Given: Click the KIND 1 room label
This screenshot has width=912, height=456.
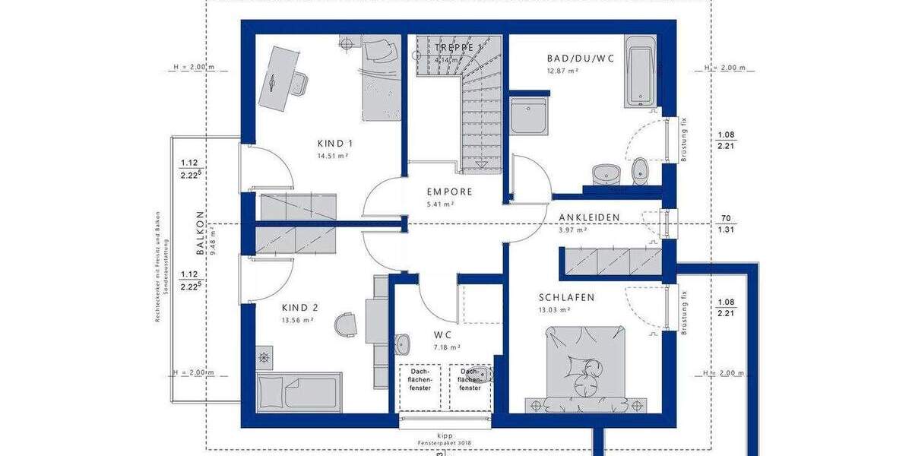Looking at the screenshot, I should click(334, 143).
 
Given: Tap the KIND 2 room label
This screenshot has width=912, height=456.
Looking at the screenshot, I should click(299, 308).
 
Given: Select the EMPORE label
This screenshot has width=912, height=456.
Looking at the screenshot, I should click(449, 192).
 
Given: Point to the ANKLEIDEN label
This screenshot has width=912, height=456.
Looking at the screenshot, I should click(590, 217).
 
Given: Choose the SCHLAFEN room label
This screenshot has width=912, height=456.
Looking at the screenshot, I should click(567, 297).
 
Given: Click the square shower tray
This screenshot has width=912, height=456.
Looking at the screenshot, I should click(529, 116).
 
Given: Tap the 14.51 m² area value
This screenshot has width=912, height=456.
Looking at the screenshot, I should click(332, 156).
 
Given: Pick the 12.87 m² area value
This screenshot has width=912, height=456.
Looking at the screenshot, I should click(563, 71).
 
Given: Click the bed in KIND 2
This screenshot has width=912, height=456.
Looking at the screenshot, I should click(298, 391).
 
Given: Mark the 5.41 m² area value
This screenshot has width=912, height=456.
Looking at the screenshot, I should click(439, 204).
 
